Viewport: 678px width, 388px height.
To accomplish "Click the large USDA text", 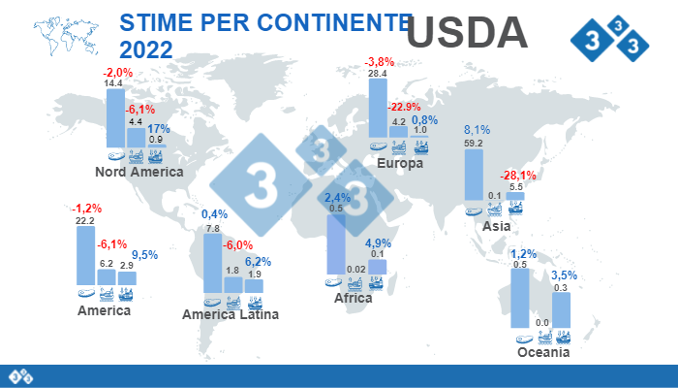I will (x=467, y=32).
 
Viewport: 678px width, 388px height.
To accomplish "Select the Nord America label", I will (x=139, y=172).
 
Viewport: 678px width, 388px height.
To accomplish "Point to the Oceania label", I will (x=543, y=353).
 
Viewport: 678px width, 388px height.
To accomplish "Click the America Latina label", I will (x=231, y=314).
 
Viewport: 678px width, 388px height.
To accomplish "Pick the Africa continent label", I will (x=354, y=298).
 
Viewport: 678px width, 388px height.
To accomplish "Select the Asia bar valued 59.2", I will (x=474, y=175).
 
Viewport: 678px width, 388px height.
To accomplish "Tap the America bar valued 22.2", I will (x=85, y=256).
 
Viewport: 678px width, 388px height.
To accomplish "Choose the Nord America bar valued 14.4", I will (x=114, y=117).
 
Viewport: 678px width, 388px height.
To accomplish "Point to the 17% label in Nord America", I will (x=160, y=128).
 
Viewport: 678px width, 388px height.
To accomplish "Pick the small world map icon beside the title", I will (x=62, y=37).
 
